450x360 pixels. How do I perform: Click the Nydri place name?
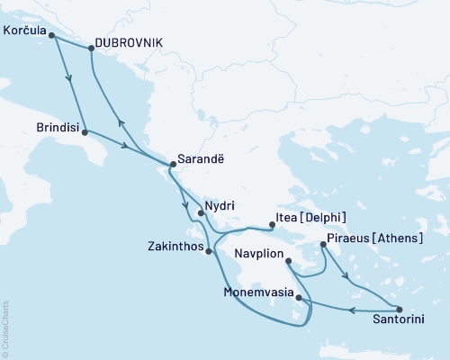220,205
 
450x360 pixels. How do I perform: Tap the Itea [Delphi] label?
310,219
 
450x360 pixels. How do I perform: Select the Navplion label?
258,256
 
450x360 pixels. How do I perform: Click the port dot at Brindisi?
85,132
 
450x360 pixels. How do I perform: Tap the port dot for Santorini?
399,309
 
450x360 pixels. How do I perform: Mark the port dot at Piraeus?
323,244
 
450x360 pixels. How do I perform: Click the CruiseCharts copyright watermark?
6,328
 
